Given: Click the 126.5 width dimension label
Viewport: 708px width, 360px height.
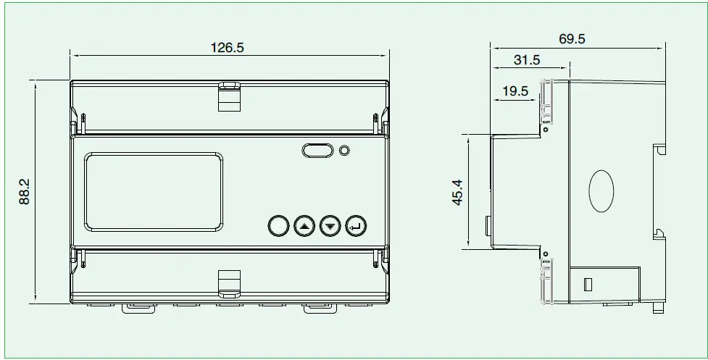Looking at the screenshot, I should [x=228, y=48].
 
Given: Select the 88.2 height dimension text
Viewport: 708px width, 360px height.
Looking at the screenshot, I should [x=24, y=192].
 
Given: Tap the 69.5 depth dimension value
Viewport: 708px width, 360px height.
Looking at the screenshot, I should [x=572, y=39].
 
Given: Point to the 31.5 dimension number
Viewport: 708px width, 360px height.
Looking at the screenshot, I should [x=527, y=61].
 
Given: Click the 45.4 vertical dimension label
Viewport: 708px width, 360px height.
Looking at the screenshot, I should [x=457, y=193].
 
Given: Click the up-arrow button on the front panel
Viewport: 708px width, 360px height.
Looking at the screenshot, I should [x=304, y=227].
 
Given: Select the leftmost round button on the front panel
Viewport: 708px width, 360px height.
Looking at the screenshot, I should [x=278, y=227].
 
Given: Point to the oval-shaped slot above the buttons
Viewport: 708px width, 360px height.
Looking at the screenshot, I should [x=317, y=151].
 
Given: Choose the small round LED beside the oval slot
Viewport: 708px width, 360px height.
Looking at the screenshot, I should [x=345, y=151].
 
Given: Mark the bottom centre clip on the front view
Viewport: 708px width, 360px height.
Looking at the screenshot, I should [x=230, y=282].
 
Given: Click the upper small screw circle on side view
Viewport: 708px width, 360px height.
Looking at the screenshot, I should [x=546, y=130].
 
